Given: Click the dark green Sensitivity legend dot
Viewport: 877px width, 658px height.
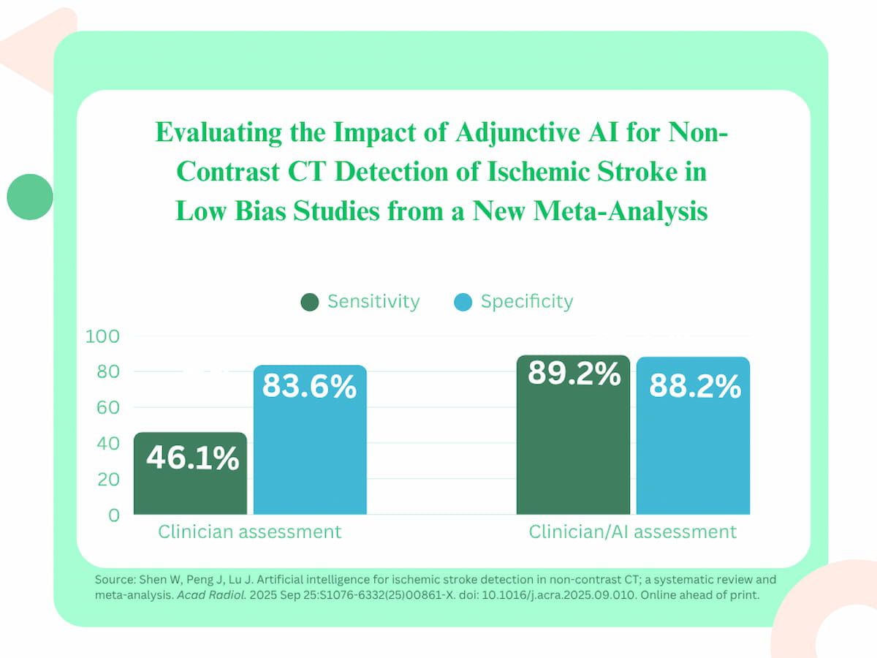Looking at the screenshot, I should [x=310, y=302].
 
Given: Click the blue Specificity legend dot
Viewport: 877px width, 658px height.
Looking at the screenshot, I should [x=463, y=302].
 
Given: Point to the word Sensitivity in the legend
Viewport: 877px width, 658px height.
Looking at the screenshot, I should [x=373, y=301].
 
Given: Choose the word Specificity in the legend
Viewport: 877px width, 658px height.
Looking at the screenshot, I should [x=527, y=301].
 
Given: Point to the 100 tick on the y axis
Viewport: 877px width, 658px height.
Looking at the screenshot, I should [x=102, y=336].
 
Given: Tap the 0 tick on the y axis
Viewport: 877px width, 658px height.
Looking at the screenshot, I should [x=113, y=515].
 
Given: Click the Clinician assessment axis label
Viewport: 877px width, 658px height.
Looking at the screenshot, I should [x=250, y=532].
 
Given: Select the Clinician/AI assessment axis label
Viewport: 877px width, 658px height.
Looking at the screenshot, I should [x=633, y=532].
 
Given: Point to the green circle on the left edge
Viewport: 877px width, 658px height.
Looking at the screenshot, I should [x=30, y=196].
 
